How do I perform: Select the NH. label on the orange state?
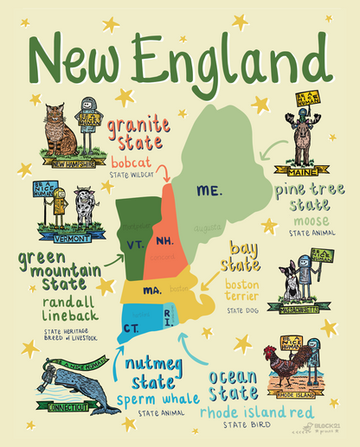pos(164,239)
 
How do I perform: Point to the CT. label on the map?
pos(132,328)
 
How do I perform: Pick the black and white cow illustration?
pos(83,208)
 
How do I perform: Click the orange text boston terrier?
pos(241,291)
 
